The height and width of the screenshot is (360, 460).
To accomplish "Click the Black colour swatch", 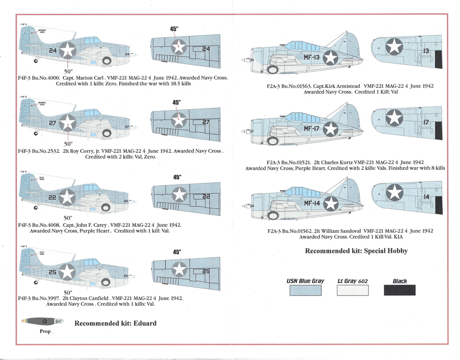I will coord(399,290).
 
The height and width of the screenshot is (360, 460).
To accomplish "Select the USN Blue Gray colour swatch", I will coord(305,290).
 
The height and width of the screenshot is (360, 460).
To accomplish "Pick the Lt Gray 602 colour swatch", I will coord(353,290).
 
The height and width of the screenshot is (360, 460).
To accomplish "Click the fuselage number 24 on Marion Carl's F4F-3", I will coord(53,51).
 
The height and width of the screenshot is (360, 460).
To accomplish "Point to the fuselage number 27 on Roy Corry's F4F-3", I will coord(53,123).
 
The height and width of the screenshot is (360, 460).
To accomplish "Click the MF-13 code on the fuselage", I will coord(311,58).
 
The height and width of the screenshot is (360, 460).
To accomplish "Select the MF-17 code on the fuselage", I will coord(311,129).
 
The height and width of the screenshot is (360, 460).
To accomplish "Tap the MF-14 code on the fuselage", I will coord(311,203).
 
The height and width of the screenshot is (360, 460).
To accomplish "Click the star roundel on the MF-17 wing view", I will coord(394,118).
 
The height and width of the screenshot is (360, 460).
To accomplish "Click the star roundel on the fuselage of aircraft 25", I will coord(67,271).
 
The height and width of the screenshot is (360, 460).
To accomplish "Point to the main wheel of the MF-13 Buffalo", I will coord(272,70).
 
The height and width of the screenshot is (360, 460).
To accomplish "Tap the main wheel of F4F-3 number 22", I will coord(106,207).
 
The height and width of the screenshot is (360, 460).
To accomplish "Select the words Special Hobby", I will coord(385,251).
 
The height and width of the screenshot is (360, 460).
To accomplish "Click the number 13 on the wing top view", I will coord(426,51).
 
